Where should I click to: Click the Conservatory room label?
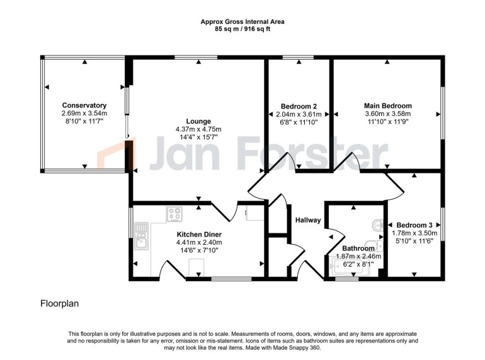point(84,105)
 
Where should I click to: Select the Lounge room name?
point(198,121)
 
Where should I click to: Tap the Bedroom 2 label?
point(299,106)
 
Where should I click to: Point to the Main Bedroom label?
point(387,106)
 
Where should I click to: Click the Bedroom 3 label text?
point(414,225)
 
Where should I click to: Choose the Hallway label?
point(308,220)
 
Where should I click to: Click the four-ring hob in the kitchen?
point(174,214)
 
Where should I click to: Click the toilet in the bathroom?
point(378,247)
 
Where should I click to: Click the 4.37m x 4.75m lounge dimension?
point(198,129)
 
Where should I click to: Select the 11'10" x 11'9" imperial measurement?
point(387,122)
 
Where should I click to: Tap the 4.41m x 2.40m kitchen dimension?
point(198,242)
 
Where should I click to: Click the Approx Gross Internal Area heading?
point(242,21)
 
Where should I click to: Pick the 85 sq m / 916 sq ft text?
point(242,29)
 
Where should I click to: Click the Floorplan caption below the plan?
point(60,303)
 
